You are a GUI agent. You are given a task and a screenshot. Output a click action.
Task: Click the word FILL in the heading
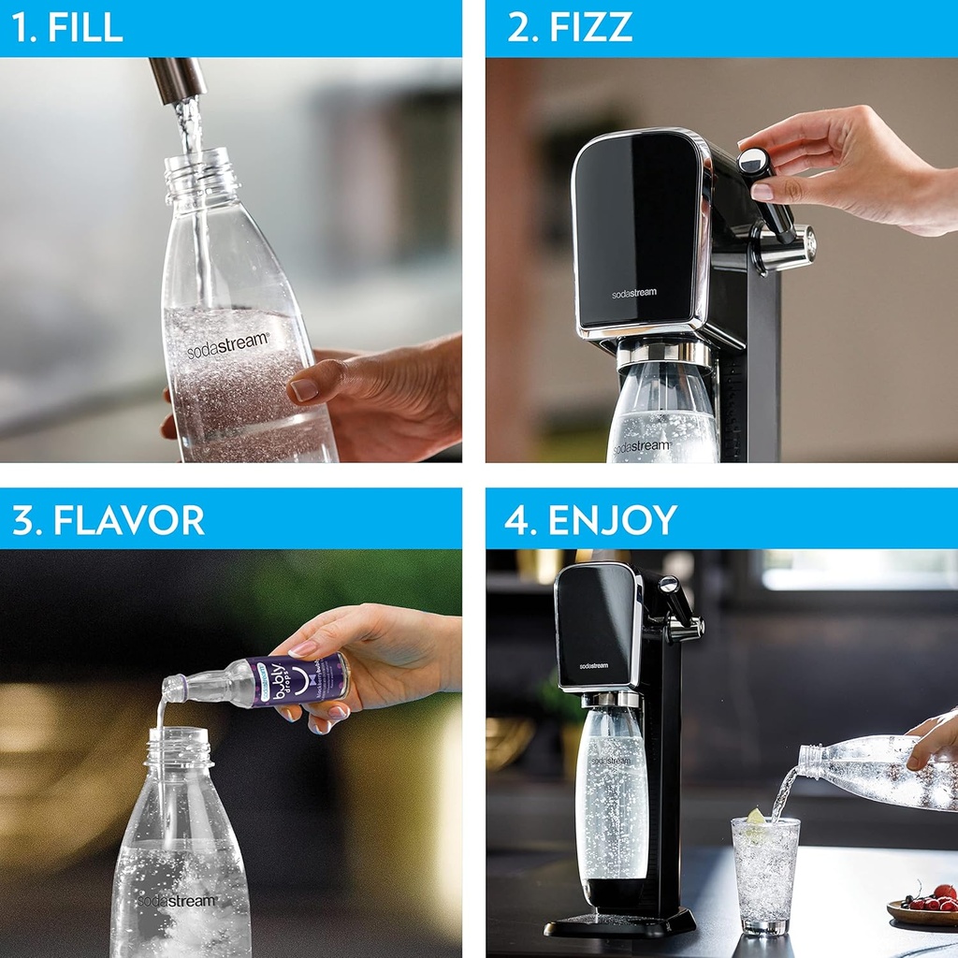point(85,27)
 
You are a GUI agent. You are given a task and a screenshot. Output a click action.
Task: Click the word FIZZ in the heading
point(590,27)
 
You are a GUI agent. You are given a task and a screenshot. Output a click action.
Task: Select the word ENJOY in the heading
point(612,520)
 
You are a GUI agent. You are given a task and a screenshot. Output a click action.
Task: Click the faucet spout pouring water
point(178,80)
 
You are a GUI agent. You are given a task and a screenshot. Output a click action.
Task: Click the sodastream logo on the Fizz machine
point(634,293)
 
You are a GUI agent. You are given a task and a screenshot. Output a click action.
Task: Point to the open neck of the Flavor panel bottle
point(178,738)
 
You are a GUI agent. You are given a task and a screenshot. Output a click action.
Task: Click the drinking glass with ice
point(765,874)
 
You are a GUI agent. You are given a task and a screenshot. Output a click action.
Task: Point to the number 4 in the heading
point(515,520)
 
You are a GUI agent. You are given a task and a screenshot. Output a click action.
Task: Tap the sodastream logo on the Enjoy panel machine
point(593,665)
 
